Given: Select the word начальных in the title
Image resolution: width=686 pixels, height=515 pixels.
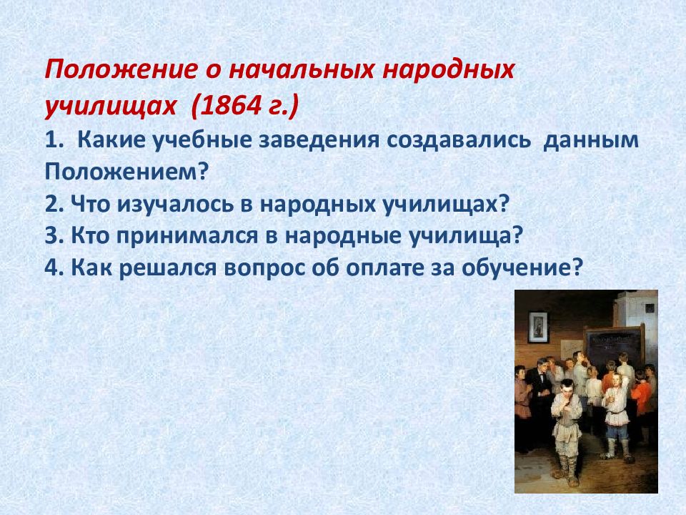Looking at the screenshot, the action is (x=302, y=69).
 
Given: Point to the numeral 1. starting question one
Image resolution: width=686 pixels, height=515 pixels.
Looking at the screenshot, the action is (x=55, y=140).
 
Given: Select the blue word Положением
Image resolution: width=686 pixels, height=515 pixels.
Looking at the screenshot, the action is (x=125, y=172).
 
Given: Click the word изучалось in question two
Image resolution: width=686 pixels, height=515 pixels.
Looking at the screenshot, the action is (x=175, y=205).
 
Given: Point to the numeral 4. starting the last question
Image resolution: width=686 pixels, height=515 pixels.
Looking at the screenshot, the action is (x=54, y=268).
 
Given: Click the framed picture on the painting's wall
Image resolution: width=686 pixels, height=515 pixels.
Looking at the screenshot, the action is (x=537, y=327).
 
